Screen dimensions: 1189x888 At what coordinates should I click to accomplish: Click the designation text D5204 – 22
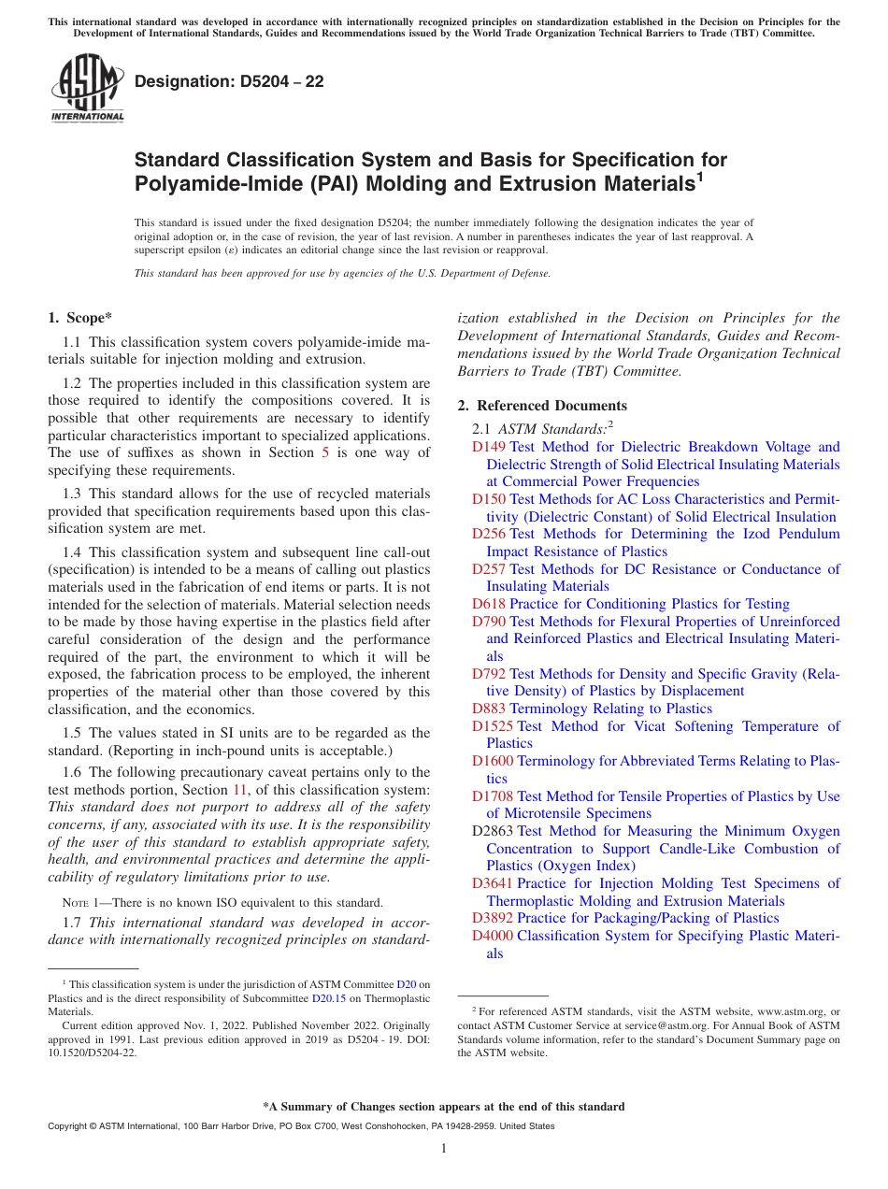(x=229, y=81)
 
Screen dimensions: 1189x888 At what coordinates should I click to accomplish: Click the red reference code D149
(x=489, y=447)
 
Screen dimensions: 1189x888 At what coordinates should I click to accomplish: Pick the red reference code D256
(x=489, y=534)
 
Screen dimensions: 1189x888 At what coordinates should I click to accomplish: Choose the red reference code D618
(x=489, y=604)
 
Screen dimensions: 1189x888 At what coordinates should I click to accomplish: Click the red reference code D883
(x=489, y=709)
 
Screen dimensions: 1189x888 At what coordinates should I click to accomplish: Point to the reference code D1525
(x=493, y=726)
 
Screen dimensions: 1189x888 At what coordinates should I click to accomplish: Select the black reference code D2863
(x=493, y=831)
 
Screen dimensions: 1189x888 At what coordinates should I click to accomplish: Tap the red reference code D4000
(x=493, y=936)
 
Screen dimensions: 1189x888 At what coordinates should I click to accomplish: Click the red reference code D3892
(x=493, y=918)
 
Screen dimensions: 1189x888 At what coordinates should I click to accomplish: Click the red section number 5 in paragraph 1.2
(x=325, y=452)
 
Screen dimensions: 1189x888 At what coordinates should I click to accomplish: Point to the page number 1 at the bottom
(x=444, y=1149)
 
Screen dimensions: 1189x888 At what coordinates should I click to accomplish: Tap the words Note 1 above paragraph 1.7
(x=79, y=903)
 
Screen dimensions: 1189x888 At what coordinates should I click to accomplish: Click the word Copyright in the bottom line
(x=70, y=1126)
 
